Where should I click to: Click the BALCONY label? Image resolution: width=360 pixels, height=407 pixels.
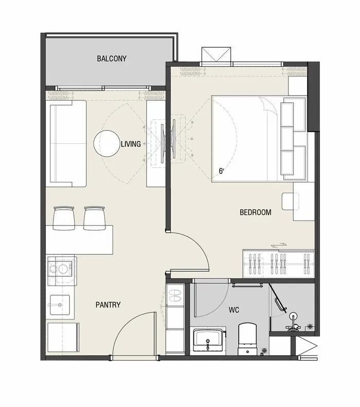112,59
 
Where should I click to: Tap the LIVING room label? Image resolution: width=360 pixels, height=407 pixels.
131,144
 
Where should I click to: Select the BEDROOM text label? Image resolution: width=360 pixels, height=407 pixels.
255,212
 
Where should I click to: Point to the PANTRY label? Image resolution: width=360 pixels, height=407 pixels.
108,304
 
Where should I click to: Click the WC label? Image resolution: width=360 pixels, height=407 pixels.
234,310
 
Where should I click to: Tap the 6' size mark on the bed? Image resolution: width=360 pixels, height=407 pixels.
221,171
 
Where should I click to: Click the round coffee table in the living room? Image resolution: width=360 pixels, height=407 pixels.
107,143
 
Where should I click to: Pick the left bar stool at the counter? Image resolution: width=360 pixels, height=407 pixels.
64,218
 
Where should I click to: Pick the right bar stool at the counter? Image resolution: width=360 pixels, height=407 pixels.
95,218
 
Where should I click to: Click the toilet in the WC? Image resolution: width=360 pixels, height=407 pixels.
247,339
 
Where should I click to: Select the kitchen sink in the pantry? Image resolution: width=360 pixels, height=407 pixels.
60,305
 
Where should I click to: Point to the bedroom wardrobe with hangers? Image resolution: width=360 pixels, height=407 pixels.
279,264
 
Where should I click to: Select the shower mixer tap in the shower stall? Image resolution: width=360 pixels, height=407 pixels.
293,322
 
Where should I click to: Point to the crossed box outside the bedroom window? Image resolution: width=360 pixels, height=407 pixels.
216,54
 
